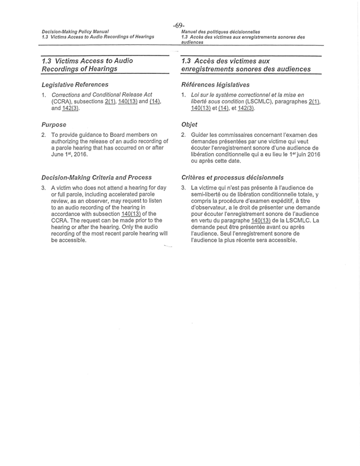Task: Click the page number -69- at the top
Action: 179,25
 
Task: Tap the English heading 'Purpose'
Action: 53,124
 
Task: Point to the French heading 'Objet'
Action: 190,124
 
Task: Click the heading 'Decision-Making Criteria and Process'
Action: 97,177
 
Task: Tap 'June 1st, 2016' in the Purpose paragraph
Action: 69,154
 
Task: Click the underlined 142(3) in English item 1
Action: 71,108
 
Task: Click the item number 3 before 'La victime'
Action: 183,188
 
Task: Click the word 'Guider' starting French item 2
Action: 200,135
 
